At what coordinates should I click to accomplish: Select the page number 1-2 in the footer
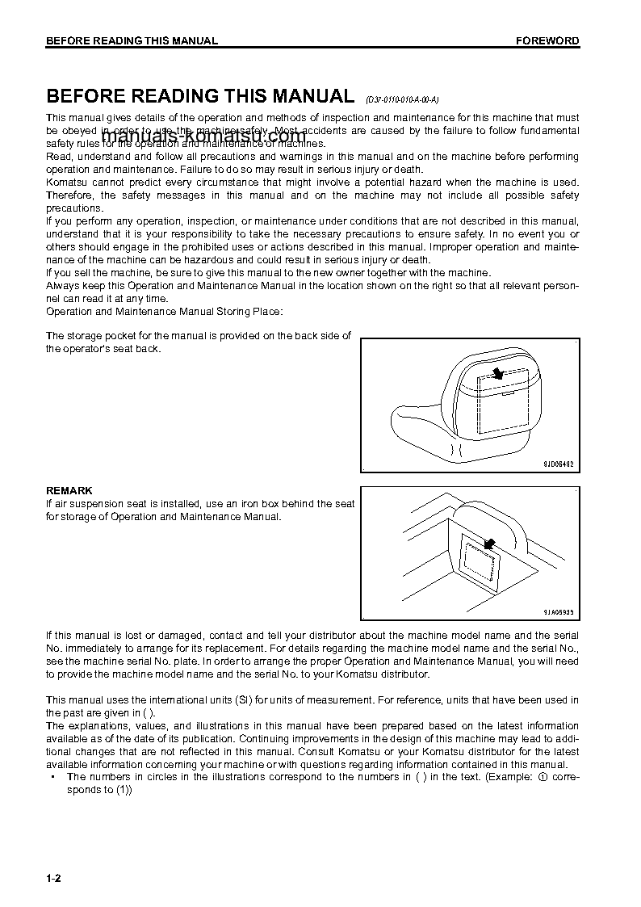point(53,879)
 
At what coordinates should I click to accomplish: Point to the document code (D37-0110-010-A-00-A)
point(401,100)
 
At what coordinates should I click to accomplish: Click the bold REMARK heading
point(69,490)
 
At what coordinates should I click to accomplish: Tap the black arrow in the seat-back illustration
point(498,372)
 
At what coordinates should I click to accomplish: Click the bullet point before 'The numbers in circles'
point(52,777)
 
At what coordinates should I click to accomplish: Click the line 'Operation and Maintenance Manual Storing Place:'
point(165,312)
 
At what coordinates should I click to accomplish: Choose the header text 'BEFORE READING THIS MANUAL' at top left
point(132,40)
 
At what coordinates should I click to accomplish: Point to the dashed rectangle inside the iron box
point(476,562)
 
